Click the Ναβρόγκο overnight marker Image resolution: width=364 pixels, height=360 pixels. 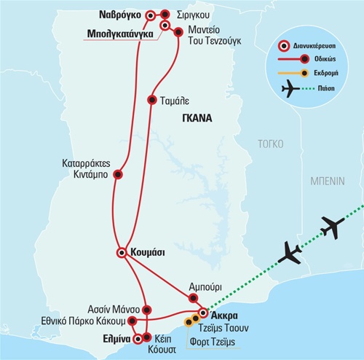click(x=151, y=16)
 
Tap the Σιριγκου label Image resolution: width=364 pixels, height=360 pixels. click(x=193, y=15)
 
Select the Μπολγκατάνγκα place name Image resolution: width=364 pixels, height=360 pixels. click(x=120, y=34)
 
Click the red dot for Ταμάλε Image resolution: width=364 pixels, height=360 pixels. click(x=152, y=100)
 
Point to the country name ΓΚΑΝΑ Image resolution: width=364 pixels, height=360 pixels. click(x=197, y=118)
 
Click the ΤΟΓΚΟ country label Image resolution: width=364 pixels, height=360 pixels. click(x=271, y=144)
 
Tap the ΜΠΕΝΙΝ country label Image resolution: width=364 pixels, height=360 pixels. click(x=328, y=181)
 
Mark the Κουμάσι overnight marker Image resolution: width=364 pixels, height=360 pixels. click(x=122, y=253)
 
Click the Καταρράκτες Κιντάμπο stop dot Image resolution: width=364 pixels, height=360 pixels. click(x=118, y=174)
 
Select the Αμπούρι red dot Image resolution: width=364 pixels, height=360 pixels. click(x=193, y=298)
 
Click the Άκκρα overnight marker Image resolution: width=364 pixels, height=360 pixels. click(x=203, y=313)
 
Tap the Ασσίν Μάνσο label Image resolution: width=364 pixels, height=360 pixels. click(x=114, y=310)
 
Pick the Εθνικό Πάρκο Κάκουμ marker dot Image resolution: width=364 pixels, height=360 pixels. click(x=132, y=321)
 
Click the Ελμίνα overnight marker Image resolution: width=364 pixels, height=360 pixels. click(x=138, y=339)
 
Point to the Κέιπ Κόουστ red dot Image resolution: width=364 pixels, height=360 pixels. click(x=146, y=337)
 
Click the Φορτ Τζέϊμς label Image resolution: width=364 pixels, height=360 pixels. click(x=213, y=342)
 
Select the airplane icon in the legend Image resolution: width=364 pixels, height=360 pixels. click(x=290, y=89)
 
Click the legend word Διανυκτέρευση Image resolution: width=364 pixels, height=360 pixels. click(x=314, y=46)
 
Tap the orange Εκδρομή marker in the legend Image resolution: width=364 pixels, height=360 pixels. click(x=304, y=73)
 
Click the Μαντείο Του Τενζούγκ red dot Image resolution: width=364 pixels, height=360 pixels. click(x=178, y=32)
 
